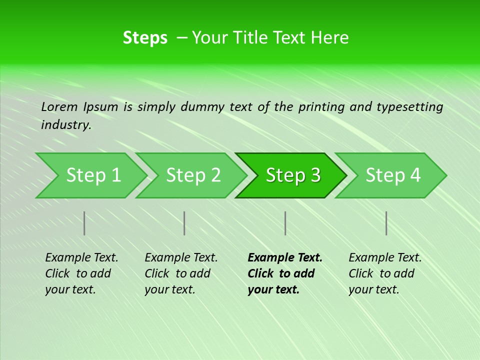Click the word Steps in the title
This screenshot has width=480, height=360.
pos(145,38)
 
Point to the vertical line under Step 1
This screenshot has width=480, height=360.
pos(84,223)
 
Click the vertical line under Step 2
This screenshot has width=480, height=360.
pos(184,223)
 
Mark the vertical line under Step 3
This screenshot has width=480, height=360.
pos(285,223)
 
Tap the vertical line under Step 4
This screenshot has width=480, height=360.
pos(386,223)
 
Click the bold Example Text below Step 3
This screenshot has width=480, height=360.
pos(285,273)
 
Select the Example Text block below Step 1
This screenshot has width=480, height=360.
pos(81,273)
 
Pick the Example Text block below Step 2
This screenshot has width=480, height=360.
pos(181,273)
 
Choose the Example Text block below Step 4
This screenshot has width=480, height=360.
pos(385,273)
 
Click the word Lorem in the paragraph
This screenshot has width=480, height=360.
pos(59,107)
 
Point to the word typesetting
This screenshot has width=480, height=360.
pos(409,107)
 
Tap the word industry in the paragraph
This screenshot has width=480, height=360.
pos(66,125)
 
